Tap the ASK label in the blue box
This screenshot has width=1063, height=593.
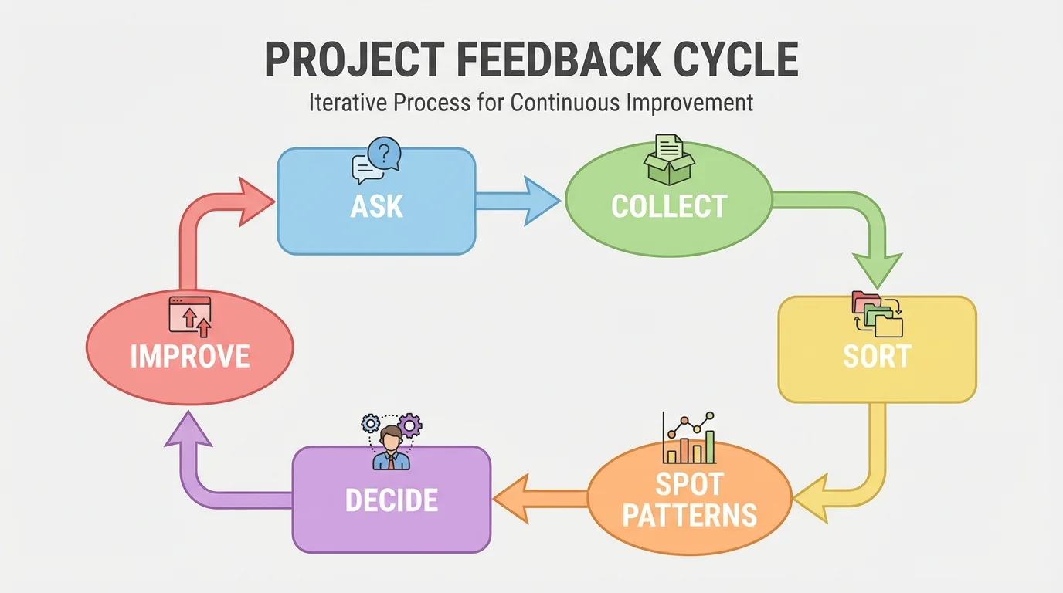376,206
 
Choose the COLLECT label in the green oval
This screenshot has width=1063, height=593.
669,206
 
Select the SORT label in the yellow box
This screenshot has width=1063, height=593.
877,356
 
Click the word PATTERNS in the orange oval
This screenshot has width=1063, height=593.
689,515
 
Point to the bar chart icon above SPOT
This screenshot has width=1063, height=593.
689,438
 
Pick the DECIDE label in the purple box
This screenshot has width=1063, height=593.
392,500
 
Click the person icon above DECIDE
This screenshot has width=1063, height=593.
392,442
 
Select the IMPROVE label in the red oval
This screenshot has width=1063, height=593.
190,356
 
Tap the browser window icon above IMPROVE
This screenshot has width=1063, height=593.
190,316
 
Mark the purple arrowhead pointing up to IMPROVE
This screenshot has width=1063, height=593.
188,429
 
